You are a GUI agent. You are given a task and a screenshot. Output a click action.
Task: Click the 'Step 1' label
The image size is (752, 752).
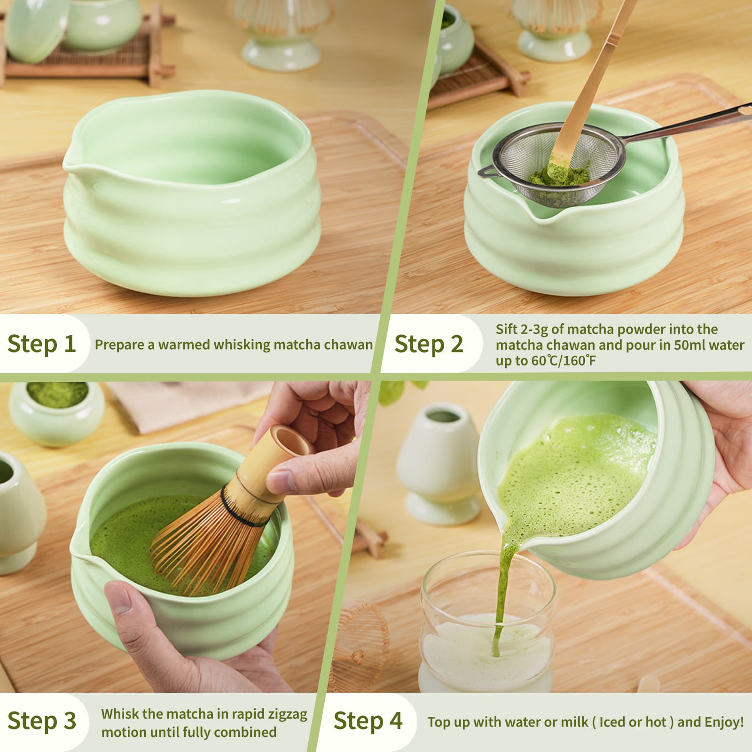tap(41, 344)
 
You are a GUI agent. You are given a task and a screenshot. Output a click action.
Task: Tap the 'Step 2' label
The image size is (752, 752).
tap(429, 344)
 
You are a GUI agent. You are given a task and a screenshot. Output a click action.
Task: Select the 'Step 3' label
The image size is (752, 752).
tap(41, 721)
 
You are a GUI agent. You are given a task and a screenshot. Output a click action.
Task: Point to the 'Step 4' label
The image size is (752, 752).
tap(368, 721)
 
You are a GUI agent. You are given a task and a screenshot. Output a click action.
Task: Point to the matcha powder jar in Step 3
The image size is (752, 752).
tap(56, 411)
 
